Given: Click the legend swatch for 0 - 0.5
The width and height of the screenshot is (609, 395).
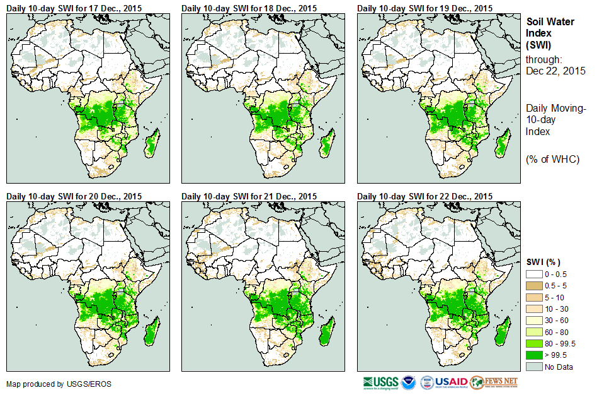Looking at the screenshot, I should coord(534,274).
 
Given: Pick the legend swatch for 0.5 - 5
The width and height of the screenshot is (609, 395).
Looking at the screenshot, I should coord(534,286).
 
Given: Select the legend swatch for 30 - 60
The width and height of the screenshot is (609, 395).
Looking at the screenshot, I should coord(534,320).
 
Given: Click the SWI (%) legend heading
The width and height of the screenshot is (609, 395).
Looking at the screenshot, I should coord(543,262).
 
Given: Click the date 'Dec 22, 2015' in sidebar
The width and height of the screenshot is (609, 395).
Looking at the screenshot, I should coord(555,71).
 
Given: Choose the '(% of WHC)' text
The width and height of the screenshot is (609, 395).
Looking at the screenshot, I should coord(552,158).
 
